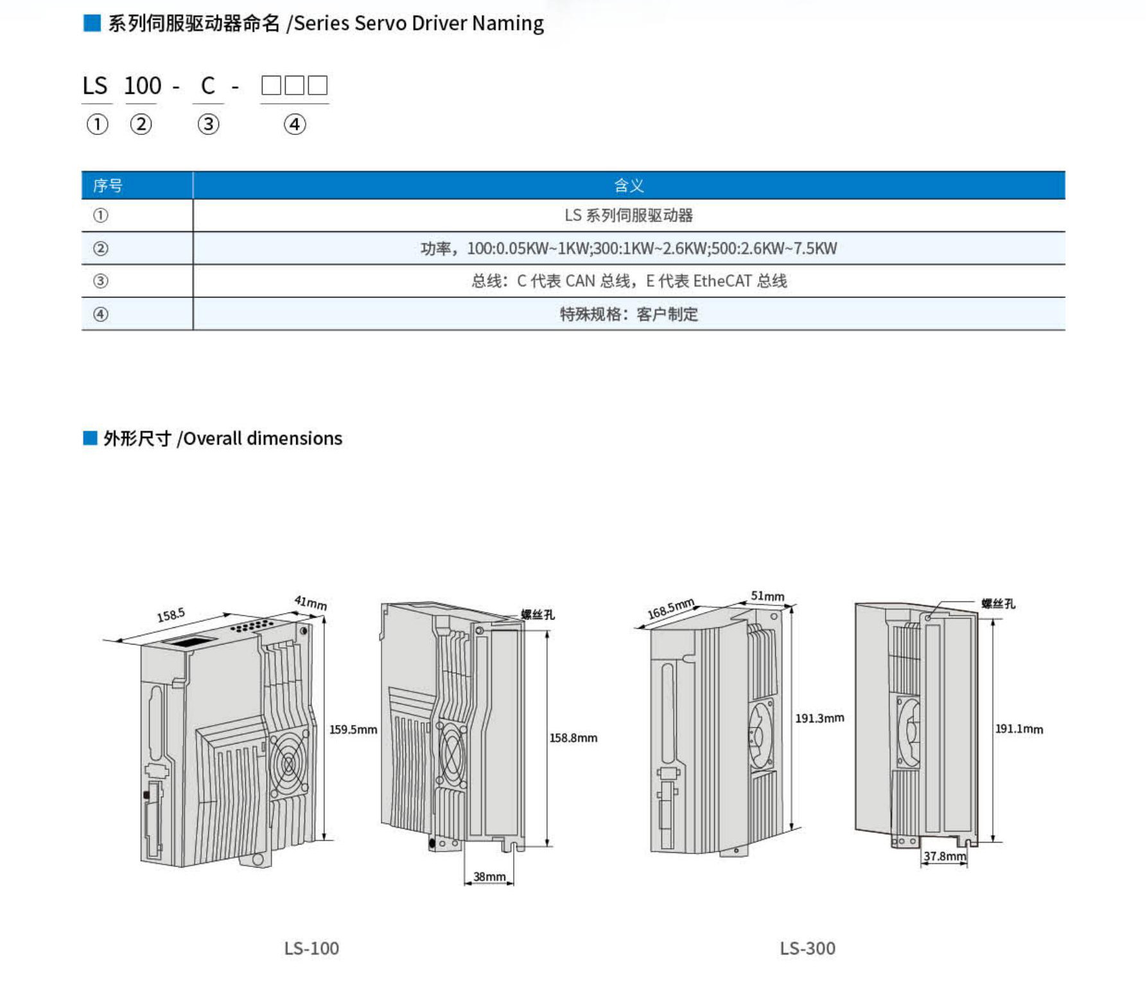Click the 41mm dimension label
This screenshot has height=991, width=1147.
[x=311, y=603]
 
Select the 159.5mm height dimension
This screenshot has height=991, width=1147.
[x=353, y=729]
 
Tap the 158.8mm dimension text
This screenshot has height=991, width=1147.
[x=573, y=738]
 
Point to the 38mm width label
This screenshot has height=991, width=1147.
[x=489, y=877]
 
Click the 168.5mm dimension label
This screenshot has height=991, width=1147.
[x=670, y=608]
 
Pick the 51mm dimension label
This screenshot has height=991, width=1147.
[x=767, y=596]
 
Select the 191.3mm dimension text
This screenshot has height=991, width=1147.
[x=819, y=718]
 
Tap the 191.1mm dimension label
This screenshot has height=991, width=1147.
[x=1019, y=729]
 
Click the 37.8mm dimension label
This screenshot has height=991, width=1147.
[x=944, y=856]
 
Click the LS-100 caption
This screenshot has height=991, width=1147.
[x=311, y=948]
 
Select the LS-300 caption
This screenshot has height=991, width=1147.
[x=807, y=948]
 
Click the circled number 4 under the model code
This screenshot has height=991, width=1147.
[x=295, y=124]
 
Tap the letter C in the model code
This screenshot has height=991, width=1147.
[x=207, y=85]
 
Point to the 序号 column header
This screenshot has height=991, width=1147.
[x=107, y=186]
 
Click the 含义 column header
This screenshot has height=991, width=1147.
[x=628, y=186]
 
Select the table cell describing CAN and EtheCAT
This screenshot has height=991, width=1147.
[x=629, y=281]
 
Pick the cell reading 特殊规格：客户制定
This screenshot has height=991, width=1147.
[x=629, y=314]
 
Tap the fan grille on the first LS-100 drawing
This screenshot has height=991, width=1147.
[x=288, y=764]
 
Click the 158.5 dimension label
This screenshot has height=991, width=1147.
[x=171, y=616]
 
